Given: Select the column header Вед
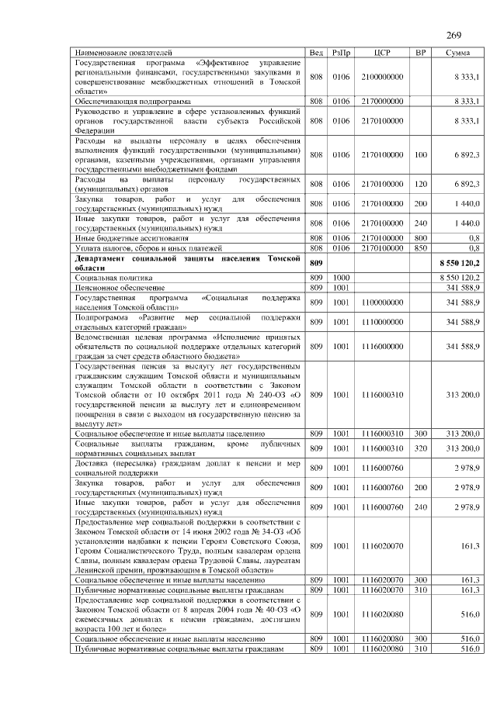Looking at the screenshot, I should (316, 52).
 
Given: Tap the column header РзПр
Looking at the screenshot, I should (341, 52).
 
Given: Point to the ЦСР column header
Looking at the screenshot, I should (382, 52).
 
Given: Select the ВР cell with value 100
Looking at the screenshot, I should (421, 155).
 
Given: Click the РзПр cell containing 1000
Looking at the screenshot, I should (341, 277).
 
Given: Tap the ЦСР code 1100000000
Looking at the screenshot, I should (382, 301).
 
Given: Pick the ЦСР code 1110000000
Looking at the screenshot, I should (382, 321).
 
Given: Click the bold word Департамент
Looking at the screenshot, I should (103, 258).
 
